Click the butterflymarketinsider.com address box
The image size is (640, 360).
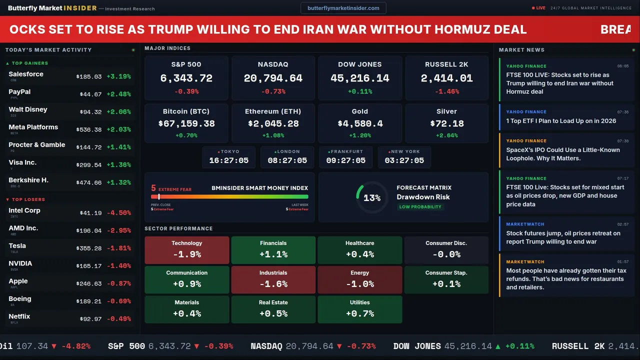tap(343, 8)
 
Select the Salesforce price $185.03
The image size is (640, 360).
tap(89, 77)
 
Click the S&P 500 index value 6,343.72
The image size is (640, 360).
tap(186, 78)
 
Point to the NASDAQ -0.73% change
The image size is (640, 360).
tap(273, 91)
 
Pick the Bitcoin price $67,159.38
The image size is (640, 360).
tap(186, 123)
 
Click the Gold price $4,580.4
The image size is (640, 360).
tap(360, 123)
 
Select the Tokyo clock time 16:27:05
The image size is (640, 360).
tap(228, 160)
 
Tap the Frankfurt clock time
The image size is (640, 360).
tap(346, 160)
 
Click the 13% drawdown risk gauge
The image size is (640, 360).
tap(371, 198)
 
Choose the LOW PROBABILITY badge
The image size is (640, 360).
tap(420, 207)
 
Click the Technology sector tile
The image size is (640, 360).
tap(186, 250)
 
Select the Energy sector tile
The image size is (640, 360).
tap(360, 279)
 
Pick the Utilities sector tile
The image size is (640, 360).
tap(360, 309)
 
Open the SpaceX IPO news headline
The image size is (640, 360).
tap(563, 154)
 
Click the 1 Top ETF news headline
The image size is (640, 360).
tap(561, 121)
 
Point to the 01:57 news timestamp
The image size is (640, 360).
tap(622, 261)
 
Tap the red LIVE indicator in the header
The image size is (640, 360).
tap(539, 8)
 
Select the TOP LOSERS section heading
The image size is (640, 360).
tap(28, 199)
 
